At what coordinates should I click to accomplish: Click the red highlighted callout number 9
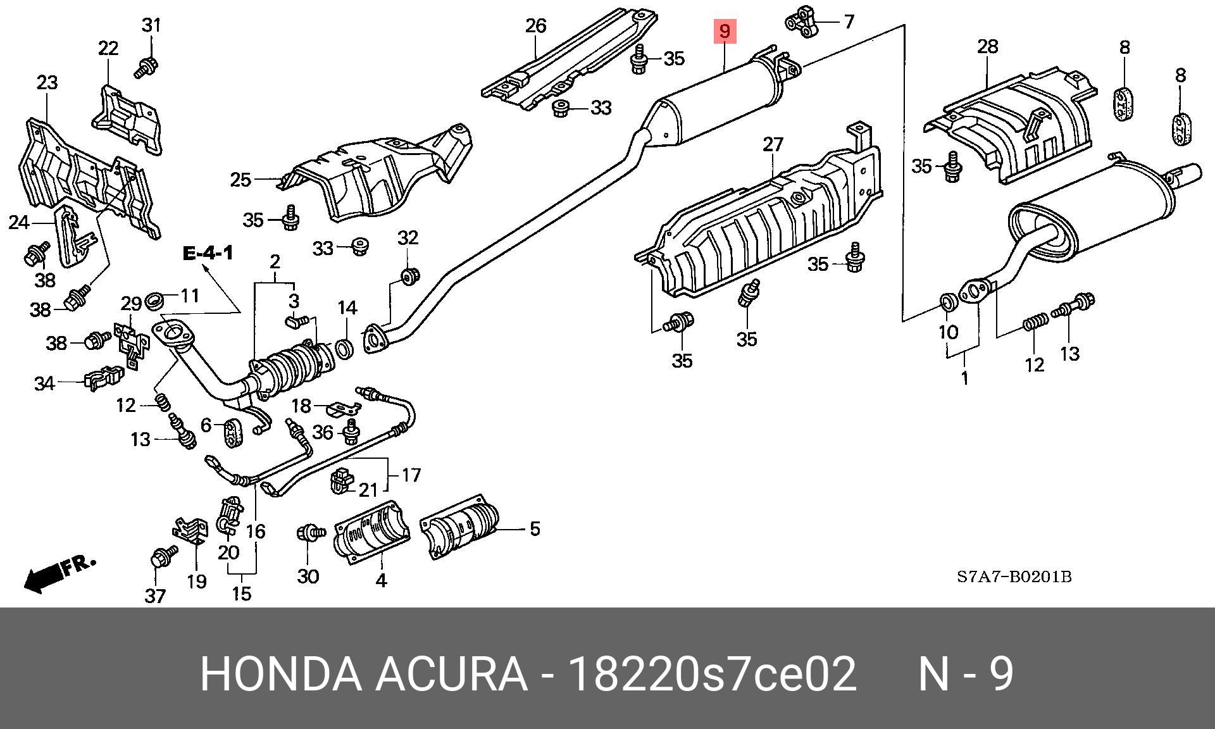[x=725, y=31]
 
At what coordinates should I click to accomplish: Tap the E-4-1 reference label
[x=208, y=254]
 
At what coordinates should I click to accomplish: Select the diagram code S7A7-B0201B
[x=1013, y=577]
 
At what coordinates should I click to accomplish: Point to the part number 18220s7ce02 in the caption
[x=713, y=675]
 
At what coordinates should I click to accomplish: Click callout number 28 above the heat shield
[x=987, y=46]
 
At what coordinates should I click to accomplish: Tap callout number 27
[x=773, y=145]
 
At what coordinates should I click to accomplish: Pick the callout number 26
[x=535, y=26]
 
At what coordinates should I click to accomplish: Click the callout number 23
[x=47, y=82]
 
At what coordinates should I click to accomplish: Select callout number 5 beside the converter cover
[x=535, y=528]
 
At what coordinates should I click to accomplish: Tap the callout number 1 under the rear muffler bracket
[x=964, y=378]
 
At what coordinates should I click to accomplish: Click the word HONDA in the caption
[x=281, y=675]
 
